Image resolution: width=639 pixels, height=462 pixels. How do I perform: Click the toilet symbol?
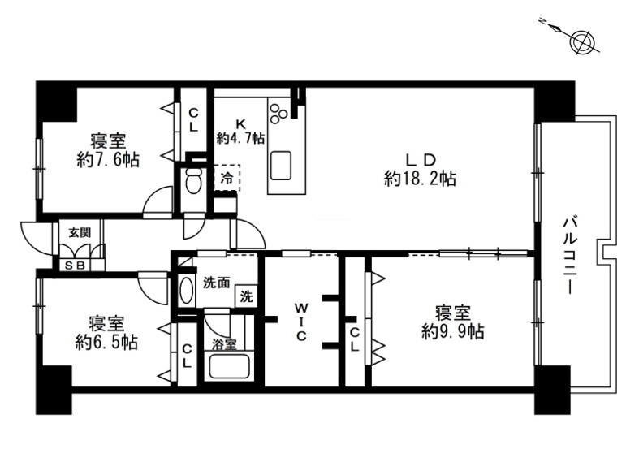(193, 180)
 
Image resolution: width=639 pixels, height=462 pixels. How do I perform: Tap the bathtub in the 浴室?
(229, 367)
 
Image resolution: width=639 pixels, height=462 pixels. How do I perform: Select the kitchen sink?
(281, 166)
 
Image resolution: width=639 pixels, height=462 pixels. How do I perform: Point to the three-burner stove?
(278, 111)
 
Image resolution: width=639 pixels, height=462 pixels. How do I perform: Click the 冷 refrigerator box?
(227, 178)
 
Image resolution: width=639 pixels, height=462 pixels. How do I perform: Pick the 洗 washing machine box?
(246, 296)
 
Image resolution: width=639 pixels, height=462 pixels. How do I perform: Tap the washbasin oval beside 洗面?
(187, 290)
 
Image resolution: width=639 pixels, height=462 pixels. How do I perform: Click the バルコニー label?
(569, 256)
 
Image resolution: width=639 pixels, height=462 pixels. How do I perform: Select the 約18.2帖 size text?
(420, 179)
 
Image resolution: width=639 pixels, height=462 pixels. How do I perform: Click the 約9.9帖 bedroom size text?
(453, 332)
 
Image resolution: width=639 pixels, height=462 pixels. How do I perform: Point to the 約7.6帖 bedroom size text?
(108, 160)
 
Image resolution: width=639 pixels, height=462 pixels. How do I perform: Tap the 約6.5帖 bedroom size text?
(106, 342)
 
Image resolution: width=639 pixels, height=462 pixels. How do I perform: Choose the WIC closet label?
(301, 321)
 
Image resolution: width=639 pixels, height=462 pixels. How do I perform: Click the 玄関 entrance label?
(80, 233)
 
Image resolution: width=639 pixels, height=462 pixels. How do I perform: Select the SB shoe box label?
(76, 266)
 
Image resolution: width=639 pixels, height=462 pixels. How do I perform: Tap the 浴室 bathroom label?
(224, 344)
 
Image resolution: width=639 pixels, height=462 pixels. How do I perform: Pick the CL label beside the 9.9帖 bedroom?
(355, 339)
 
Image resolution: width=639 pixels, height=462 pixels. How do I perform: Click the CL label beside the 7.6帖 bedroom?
(194, 120)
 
